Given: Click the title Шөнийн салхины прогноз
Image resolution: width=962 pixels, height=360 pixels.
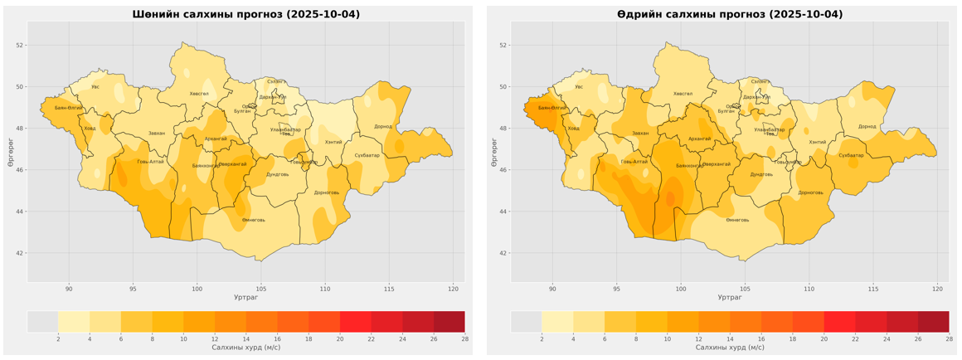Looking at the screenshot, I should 246,14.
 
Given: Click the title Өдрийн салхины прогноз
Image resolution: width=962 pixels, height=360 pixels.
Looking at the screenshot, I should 730,14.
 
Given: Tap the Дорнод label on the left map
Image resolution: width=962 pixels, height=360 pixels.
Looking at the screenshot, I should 382,127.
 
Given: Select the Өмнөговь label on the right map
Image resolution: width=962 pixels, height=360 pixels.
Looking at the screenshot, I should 737,220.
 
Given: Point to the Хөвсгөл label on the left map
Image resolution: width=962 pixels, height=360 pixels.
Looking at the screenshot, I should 199,94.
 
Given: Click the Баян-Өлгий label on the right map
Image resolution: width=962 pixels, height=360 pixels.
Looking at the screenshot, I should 551,108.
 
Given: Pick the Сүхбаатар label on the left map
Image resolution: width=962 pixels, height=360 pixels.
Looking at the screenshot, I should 367,155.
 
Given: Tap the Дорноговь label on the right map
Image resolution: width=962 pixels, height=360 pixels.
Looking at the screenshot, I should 810,192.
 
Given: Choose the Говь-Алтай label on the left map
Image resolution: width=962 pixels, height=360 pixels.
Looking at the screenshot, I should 150,162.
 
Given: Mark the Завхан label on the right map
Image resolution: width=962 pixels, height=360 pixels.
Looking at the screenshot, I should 640,133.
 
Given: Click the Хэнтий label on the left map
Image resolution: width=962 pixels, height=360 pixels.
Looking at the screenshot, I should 333,142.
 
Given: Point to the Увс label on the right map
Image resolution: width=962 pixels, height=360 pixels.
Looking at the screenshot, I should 579,86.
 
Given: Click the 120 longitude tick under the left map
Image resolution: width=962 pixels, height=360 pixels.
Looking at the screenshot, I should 453,289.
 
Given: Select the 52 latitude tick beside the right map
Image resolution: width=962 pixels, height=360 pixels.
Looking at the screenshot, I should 501,45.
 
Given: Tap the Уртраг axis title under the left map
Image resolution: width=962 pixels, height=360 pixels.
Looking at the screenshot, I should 246,297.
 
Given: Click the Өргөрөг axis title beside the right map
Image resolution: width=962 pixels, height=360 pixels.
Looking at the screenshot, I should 494,152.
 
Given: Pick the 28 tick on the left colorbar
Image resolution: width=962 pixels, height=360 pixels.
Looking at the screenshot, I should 464,339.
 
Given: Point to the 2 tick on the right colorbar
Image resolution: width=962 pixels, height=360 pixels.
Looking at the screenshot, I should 542,339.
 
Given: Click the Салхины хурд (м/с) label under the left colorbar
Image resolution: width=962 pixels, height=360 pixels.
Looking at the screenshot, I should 246,348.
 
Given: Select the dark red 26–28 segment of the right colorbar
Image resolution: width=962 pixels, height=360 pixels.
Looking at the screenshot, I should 933,322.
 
